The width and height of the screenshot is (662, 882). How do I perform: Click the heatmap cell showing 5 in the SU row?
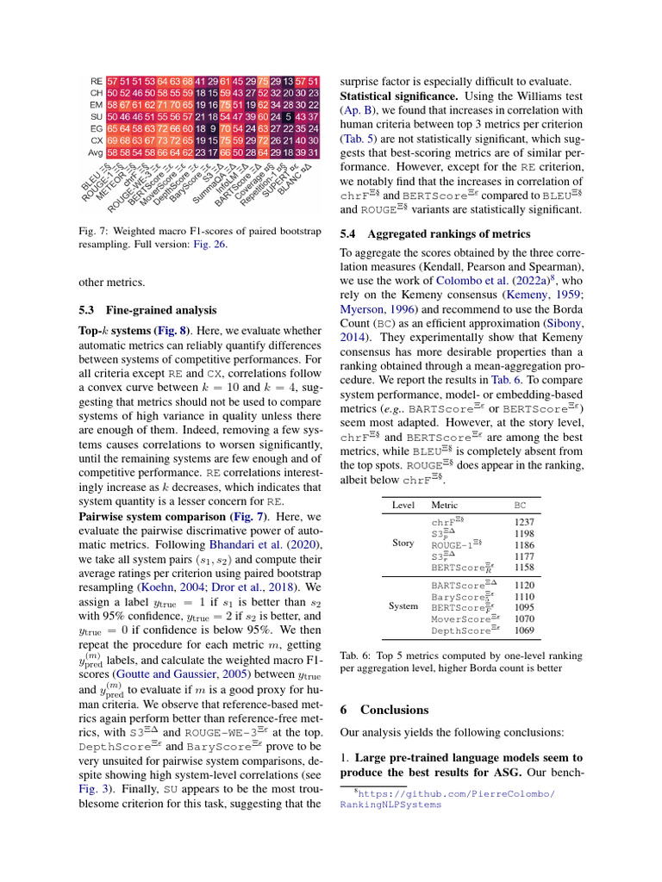click(x=289, y=116)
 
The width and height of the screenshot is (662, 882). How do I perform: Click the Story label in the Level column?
click(x=403, y=543)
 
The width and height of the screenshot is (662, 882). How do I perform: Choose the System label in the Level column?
click(x=403, y=606)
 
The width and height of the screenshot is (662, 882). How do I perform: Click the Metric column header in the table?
click(x=445, y=505)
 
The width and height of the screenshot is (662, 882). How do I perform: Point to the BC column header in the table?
click(x=520, y=505)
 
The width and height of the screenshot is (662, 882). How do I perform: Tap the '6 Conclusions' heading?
click(x=384, y=710)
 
